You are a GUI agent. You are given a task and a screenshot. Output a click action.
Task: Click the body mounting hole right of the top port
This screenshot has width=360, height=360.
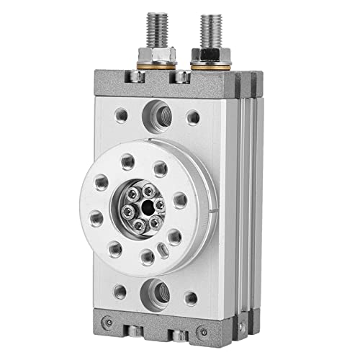click(192, 116)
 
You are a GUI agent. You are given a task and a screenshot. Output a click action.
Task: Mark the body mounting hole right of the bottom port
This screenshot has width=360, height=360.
click(190, 297)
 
